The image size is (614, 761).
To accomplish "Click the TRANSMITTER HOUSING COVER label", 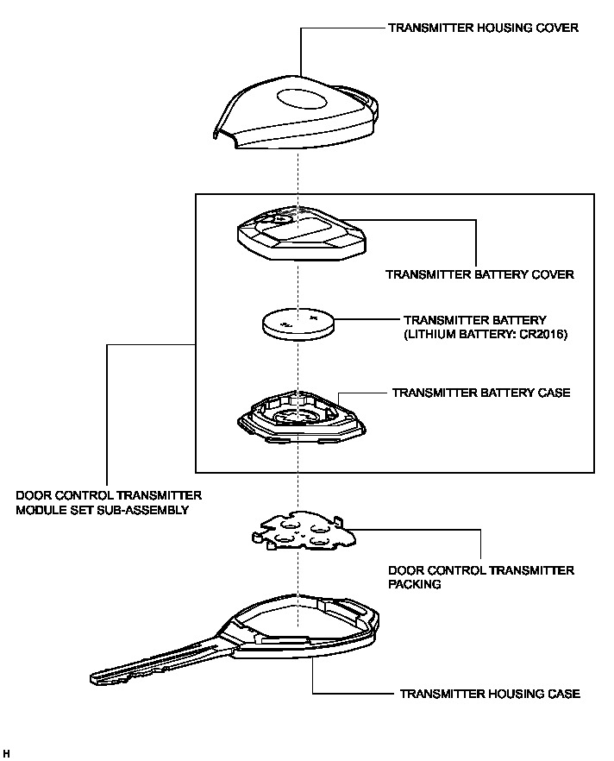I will click(x=482, y=28).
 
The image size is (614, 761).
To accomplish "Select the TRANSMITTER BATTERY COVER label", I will click(x=479, y=275).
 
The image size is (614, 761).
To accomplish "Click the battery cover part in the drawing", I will click(x=298, y=235).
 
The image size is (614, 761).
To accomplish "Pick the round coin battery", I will click(x=297, y=326).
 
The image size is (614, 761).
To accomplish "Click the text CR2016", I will click(x=542, y=334).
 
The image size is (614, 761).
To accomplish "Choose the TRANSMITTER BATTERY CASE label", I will click(x=480, y=393).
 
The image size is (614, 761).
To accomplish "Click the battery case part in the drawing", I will click(x=297, y=418).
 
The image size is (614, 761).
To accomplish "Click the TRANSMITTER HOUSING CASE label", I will click(x=489, y=694).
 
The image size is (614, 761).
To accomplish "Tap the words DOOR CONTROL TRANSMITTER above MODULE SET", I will click(x=109, y=495).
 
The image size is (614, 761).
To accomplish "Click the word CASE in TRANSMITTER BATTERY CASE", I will click(x=553, y=393).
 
